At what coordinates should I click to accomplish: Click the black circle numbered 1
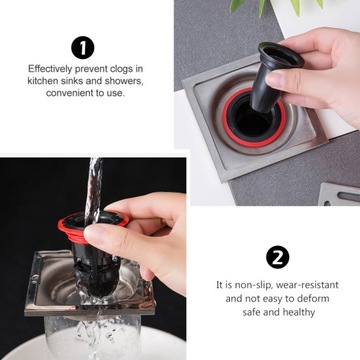[83, 48]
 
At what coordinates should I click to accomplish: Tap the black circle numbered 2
[278, 257]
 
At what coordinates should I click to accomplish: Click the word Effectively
[50, 69]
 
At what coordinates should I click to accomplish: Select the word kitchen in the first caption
[42, 81]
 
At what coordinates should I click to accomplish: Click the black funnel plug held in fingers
[273, 78]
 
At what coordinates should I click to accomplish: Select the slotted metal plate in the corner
[339, 194]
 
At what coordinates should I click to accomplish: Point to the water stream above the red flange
[93, 187]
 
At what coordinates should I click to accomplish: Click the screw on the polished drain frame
[35, 277]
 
